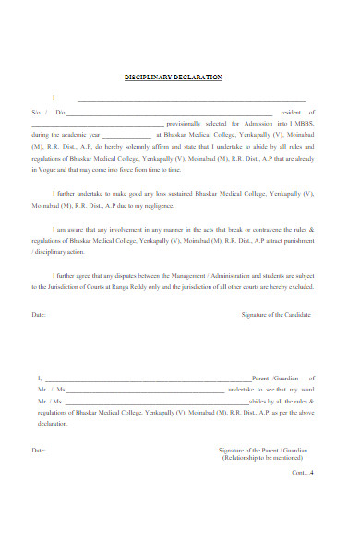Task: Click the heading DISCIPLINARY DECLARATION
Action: [174, 78]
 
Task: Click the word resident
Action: [292, 112]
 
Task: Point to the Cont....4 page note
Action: [303, 473]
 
